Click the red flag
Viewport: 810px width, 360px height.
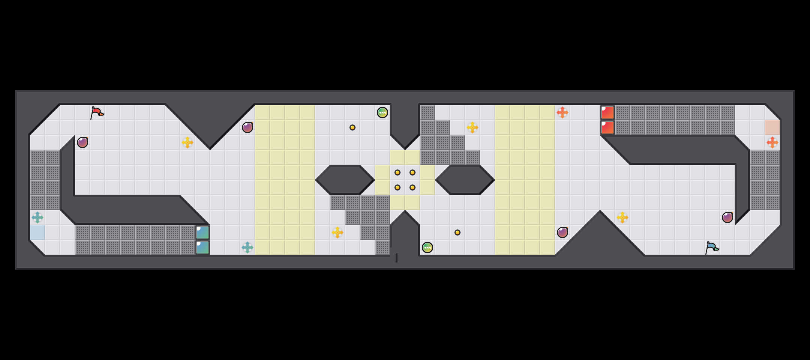(x=97, y=112)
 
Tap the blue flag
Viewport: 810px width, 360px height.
(x=711, y=247)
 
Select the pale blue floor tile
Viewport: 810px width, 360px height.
(x=37, y=232)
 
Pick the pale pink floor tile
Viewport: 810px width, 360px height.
(x=772, y=127)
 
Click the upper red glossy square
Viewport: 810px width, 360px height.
(x=607, y=112)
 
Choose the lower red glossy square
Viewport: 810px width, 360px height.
(x=607, y=127)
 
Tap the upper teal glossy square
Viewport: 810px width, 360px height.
(x=202, y=232)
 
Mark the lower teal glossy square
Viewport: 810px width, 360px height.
(x=202, y=247)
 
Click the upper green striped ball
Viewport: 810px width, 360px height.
(x=382, y=112)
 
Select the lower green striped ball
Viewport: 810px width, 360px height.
(x=427, y=247)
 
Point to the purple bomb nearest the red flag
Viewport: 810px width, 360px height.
(x=82, y=142)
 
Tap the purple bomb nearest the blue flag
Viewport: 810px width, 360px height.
(x=727, y=217)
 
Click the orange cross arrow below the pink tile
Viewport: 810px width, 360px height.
(x=772, y=142)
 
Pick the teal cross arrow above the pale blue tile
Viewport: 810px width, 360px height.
(x=37, y=217)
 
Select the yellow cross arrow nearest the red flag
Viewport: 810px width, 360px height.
(x=187, y=142)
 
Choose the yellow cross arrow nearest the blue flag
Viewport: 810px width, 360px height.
(x=622, y=217)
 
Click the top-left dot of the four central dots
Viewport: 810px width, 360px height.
(x=397, y=172)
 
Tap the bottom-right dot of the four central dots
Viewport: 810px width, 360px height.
(x=412, y=187)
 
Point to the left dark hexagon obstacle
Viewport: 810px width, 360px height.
(x=345, y=180)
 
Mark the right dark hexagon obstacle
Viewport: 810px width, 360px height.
(x=465, y=180)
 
